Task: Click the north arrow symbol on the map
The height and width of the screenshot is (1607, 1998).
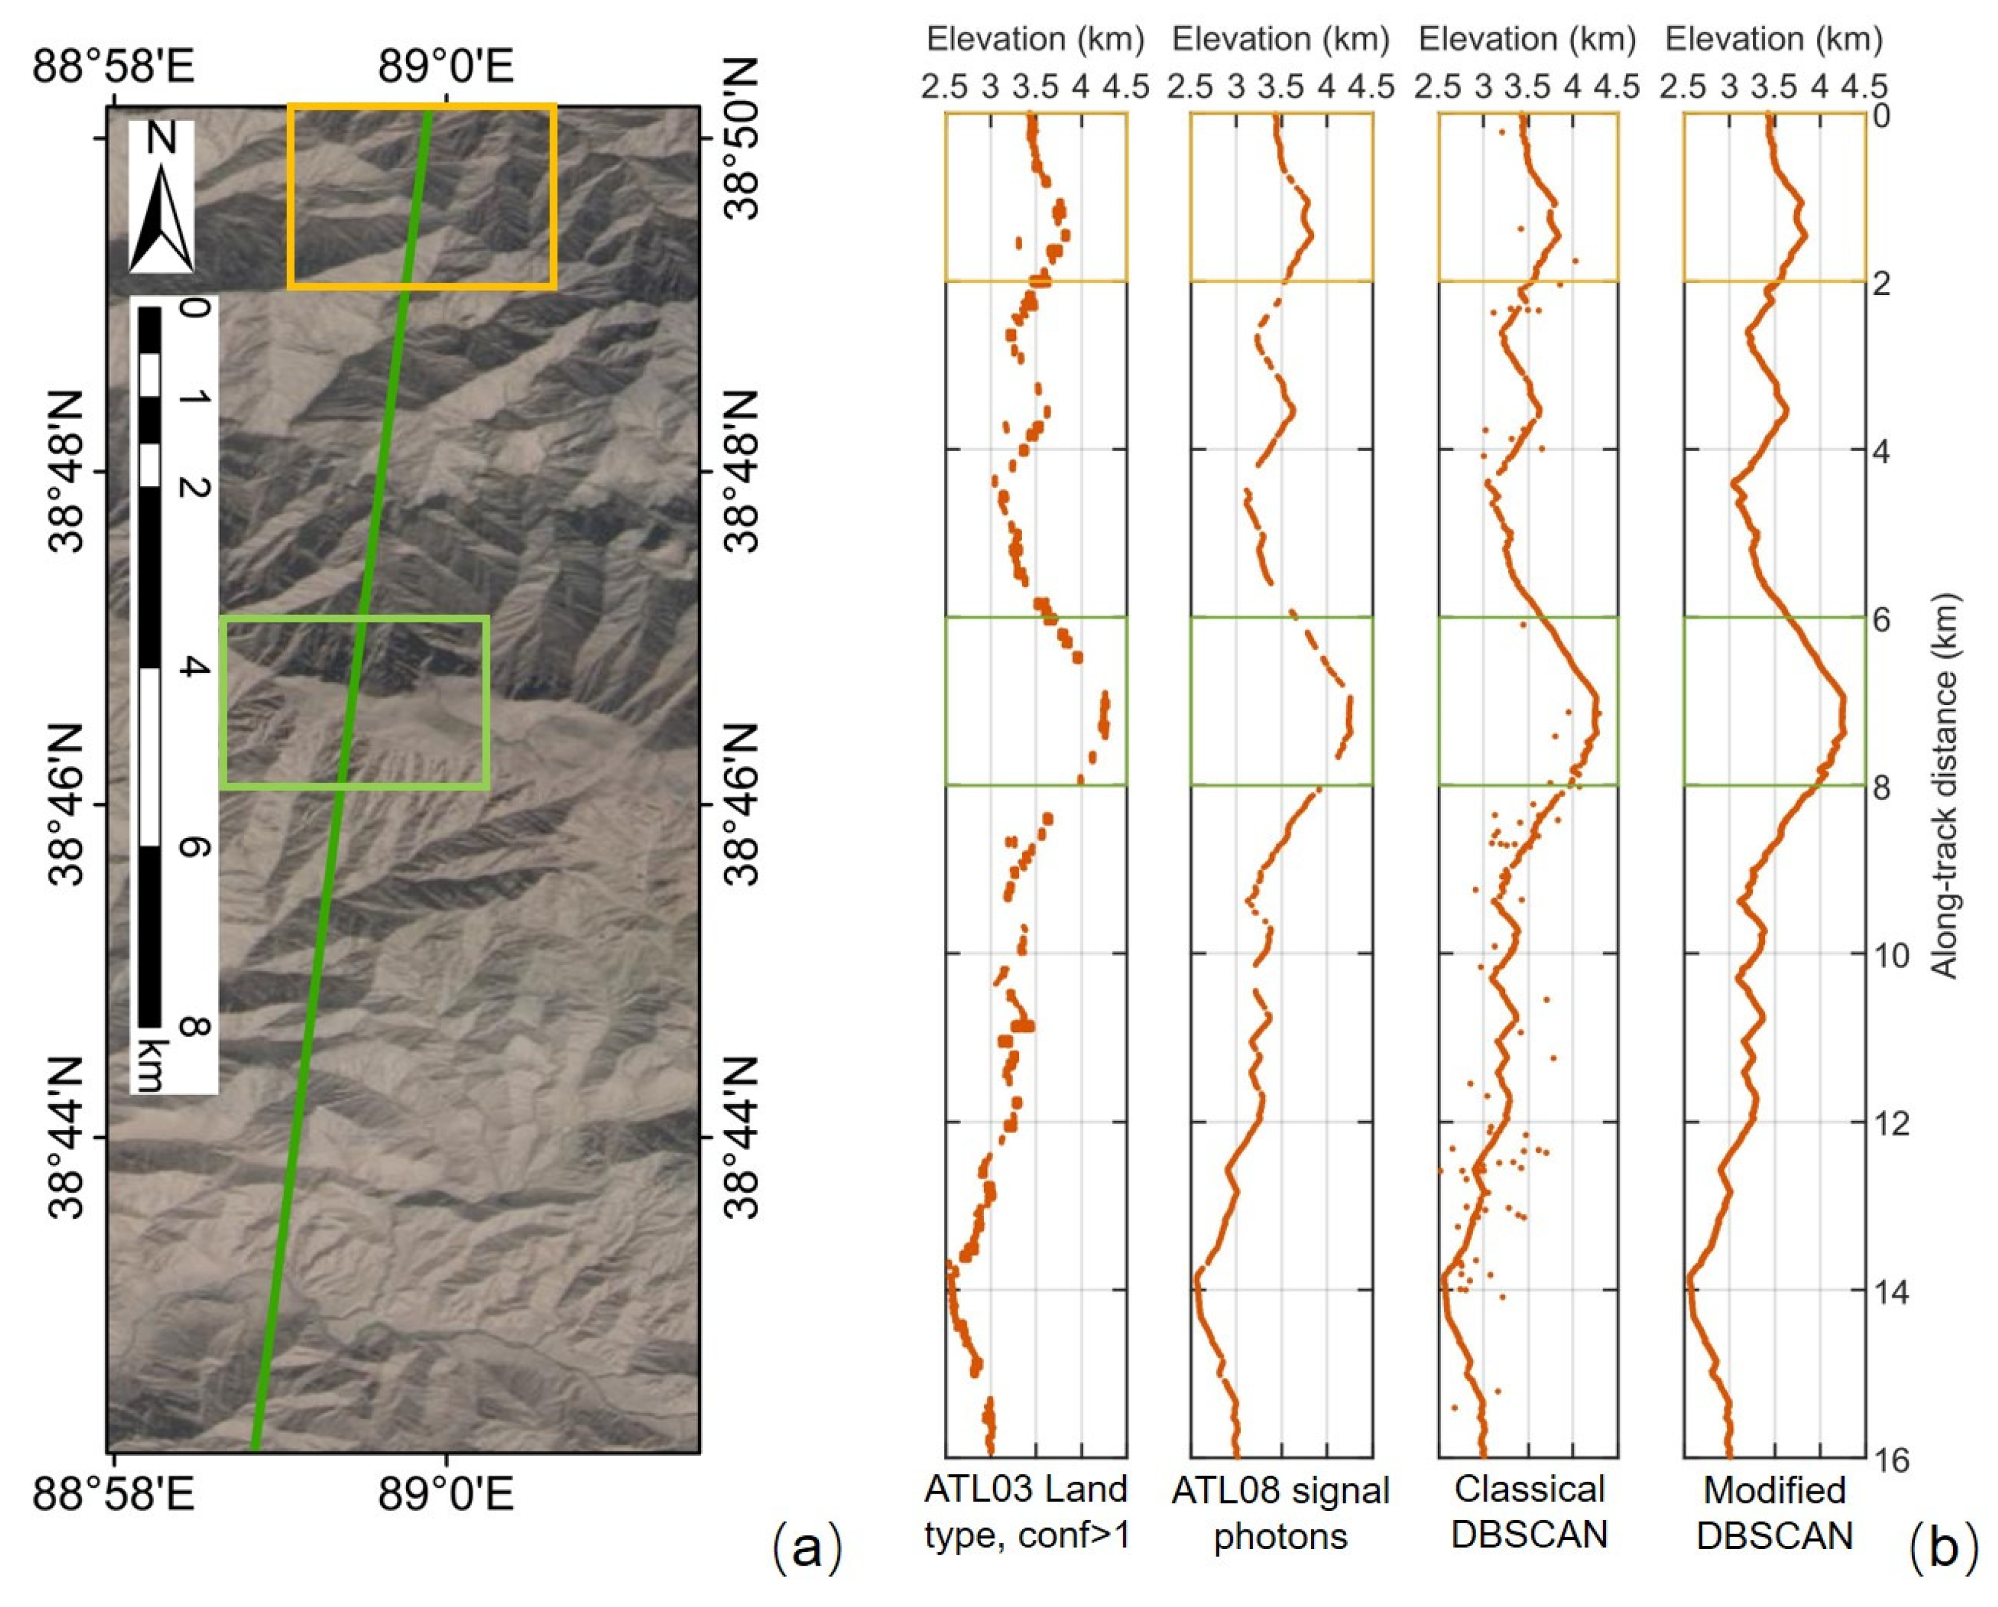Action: coord(161,219)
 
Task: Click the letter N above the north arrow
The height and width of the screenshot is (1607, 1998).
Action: coord(161,139)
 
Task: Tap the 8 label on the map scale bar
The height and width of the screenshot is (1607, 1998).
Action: coord(193,1027)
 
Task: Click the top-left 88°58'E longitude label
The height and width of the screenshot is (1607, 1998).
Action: coord(113,67)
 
